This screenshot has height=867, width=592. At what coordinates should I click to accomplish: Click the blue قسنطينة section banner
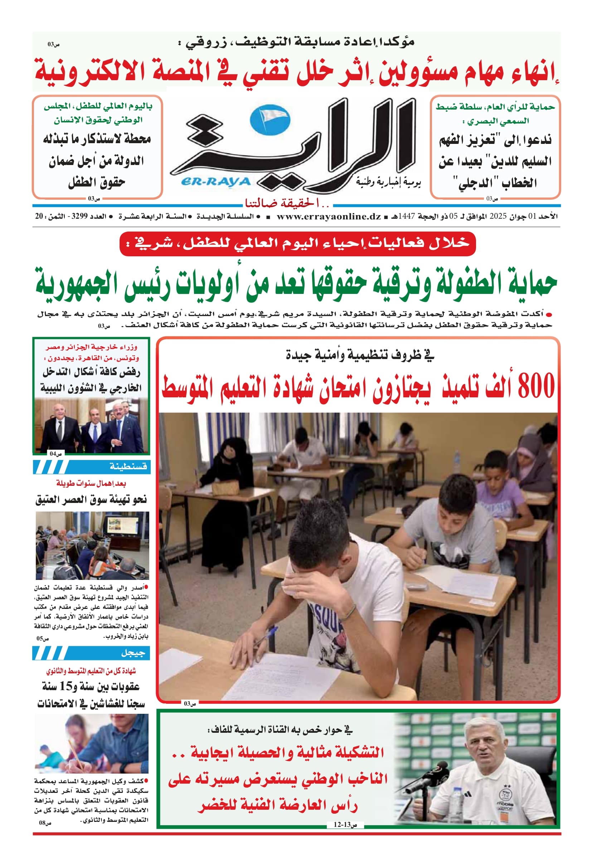pos(91,467)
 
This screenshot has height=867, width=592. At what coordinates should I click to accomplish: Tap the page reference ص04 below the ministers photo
pos(55,454)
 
